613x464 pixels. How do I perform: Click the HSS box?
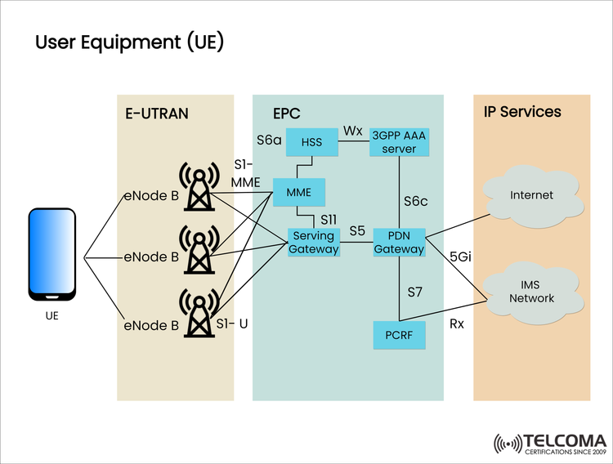[x=312, y=143]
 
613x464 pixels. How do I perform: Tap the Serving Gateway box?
[x=314, y=243]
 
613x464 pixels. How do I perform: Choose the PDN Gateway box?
[x=399, y=243]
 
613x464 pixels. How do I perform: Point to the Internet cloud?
[x=531, y=195]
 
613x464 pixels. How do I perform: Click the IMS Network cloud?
[x=531, y=292]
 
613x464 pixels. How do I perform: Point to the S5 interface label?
[x=356, y=231]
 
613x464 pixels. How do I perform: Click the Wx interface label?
[x=353, y=131]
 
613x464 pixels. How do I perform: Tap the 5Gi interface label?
[x=461, y=256]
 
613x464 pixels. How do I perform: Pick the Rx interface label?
[x=458, y=324]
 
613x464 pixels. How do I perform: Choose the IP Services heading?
[x=522, y=111]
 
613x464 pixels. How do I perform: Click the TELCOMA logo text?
[x=564, y=439]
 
